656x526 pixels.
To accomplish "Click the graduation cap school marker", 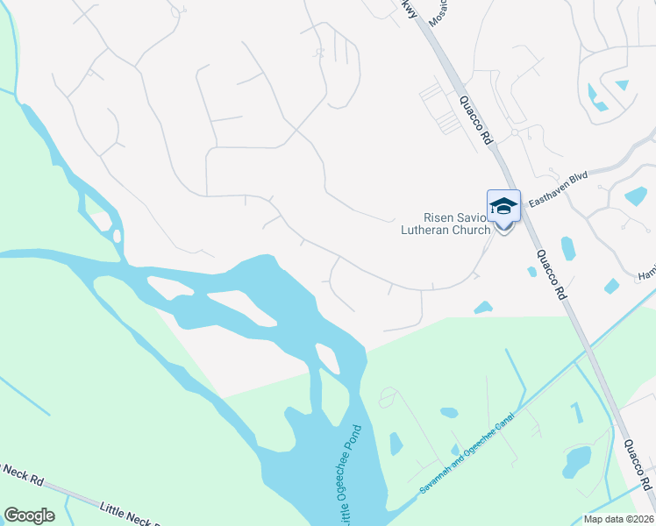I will point(503,207).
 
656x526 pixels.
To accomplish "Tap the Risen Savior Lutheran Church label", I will point(457,224).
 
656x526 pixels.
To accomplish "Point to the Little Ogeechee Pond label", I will point(344,482).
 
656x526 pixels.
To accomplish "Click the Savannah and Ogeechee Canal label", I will point(470,451).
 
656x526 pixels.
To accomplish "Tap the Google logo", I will point(29,515).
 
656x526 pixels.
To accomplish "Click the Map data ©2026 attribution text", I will point(618,519).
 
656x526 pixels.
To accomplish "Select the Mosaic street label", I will point(438,11).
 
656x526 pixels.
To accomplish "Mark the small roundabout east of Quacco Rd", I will point(516,133).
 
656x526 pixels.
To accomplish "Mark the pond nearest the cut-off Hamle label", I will point(611,286).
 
